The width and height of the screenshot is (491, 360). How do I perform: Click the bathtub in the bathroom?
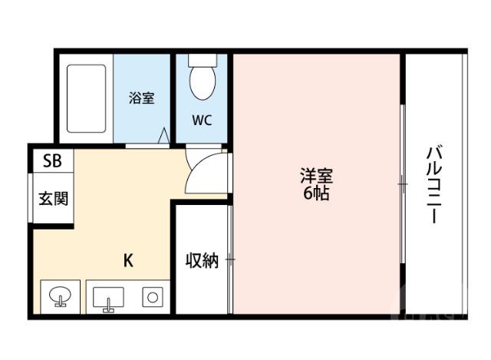point(86,98)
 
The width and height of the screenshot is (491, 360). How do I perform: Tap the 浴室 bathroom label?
point(142,98)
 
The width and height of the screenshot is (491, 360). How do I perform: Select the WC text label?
point(203,120)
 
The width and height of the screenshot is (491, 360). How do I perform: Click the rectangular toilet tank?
point(203,59)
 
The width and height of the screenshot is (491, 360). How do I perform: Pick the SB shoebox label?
point(52,161)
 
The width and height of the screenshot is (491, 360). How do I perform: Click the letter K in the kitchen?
point(129,260)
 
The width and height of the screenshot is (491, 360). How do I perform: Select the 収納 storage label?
point(201,261)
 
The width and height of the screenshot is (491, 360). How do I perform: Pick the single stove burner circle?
point(153,296)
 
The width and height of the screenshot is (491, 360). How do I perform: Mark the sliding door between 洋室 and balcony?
point(401,184)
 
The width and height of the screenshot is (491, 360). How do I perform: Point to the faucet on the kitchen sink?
point(108,307)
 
